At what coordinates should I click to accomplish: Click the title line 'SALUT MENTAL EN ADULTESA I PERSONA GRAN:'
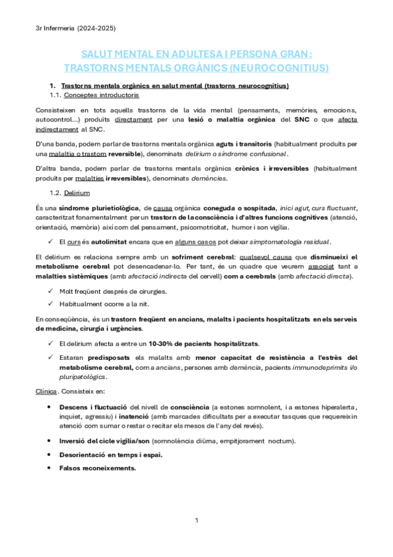(x=196, y=55)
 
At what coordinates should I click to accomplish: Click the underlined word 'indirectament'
(x=58, y=130)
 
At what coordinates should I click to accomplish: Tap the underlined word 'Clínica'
(x=47, y=391)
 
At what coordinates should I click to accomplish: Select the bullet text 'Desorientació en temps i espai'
(x=111, y=455)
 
